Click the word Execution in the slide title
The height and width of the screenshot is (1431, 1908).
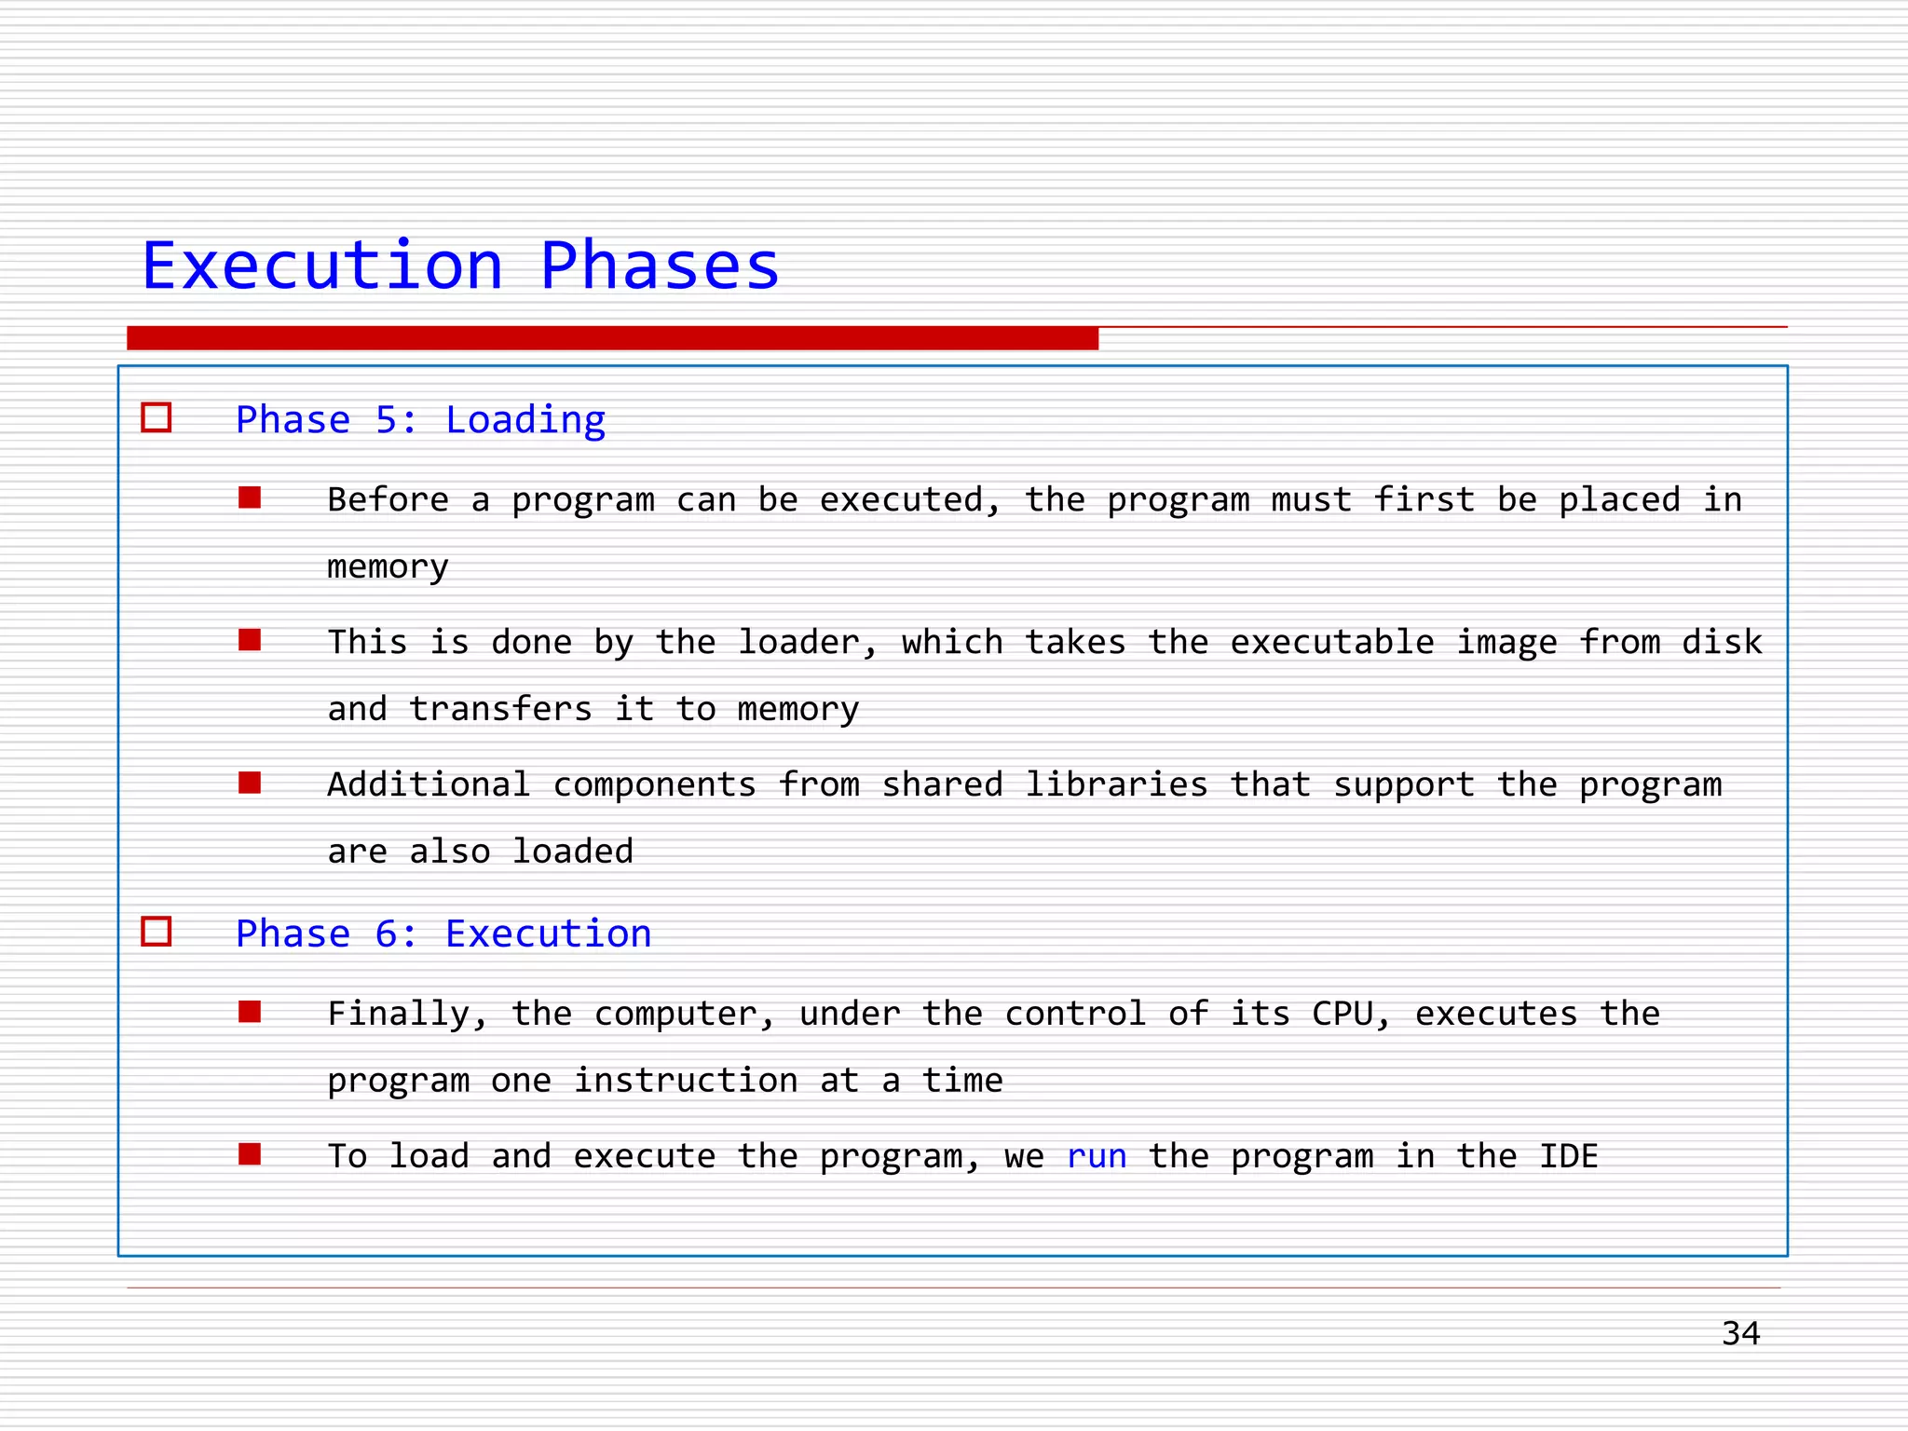pos(322,266)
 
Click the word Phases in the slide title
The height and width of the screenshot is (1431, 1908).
pos(659,266)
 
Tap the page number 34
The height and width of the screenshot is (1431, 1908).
pos(1740,1333)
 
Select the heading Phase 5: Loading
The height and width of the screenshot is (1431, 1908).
pos(420,420)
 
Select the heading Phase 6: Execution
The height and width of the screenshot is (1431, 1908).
pos(443,934)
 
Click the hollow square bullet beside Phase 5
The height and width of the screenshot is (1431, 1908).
pos(157,417)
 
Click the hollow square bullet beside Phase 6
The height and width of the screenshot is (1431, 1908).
pos(157,932)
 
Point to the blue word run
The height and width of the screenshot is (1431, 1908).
pos(1097,1156)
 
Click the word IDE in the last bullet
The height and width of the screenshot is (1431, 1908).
pos(1568,1156)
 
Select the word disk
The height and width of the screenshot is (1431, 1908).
pos(1722,643)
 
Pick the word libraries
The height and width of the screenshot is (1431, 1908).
pos(1116,785)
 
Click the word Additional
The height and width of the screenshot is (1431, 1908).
pos(429,785)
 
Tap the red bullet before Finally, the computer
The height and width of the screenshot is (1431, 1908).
pos(250,1012)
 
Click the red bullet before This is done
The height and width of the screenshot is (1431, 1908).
pos(250,640)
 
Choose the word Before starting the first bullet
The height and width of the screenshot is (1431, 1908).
pos(388,500)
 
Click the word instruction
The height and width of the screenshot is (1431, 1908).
pos(686,1081)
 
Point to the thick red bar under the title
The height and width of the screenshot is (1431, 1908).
pos(612,338)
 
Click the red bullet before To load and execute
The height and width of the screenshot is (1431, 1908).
pos(250,1154)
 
